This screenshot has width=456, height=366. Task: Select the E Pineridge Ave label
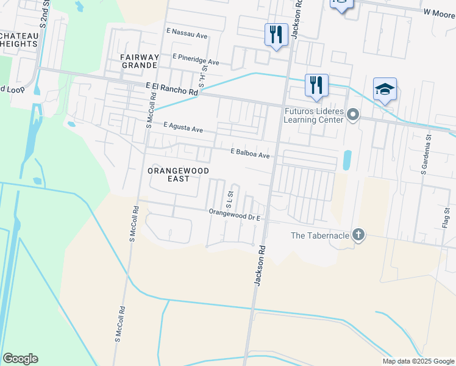click(x=196, y=61)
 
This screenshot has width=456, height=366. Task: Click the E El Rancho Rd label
click(x=173, y=89)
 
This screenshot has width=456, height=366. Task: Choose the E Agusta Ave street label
click(x=183, y=129)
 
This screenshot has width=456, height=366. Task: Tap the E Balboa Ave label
click(x=250, y=155)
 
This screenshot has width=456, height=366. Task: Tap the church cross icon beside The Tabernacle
click(x=358, y=235)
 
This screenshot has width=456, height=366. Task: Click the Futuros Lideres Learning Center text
click(x=314, y=115)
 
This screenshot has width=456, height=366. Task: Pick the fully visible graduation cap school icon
click(x=385, y=90)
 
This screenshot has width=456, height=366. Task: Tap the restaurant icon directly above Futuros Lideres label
click(x=316, y=85)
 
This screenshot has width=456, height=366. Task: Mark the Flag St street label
click(x=446, y=218)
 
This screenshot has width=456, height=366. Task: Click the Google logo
click(x=20, y=359)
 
